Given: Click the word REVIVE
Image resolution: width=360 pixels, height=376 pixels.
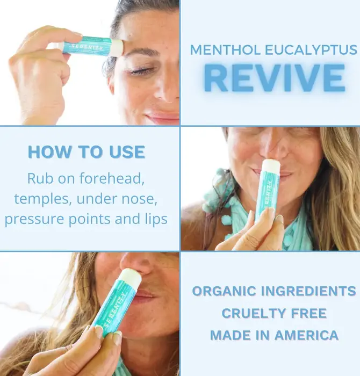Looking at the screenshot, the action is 275,78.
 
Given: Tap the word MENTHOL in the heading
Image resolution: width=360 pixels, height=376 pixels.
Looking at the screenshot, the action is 225,50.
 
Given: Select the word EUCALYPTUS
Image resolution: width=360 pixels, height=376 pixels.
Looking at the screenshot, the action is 311,50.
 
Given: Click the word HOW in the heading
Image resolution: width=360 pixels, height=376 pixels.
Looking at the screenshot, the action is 50,152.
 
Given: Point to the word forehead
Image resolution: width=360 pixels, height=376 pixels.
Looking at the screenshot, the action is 112,178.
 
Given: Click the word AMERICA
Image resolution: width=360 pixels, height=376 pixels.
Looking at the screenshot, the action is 306,335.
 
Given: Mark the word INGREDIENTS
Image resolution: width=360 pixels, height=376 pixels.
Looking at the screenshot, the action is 308,291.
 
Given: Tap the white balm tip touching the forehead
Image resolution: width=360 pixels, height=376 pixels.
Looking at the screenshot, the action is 117,47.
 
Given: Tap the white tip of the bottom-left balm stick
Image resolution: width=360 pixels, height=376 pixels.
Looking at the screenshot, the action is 129,278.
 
